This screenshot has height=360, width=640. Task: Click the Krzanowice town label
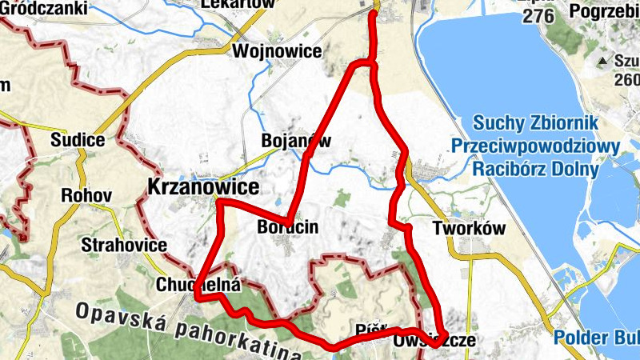click(203, 187)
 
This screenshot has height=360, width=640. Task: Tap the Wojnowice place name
click(277, 52)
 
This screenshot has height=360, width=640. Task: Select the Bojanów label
click(296, 141)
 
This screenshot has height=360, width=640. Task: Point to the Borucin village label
click(288, 227)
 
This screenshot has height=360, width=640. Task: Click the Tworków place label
click(470, 227)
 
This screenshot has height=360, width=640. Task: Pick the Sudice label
click(78, 141)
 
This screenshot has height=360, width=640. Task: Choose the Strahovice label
click(124, 245)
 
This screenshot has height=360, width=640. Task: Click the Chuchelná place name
click(188, 284)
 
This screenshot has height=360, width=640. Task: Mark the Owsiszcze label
click(434, 341)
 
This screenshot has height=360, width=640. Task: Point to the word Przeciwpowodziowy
click(535, 146)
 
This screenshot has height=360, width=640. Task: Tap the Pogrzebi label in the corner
click(604, 11)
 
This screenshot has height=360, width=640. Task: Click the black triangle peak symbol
click(602, 61)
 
